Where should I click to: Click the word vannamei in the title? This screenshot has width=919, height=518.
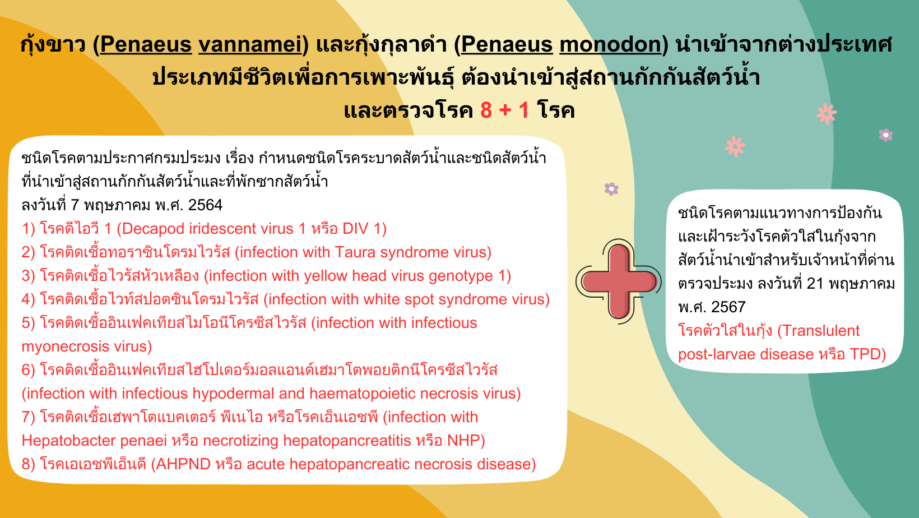click(250, 44)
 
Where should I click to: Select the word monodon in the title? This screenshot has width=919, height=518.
click(610, 44)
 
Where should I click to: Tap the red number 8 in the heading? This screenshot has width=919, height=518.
click(486, 110)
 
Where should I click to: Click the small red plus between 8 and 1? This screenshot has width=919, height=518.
click(505, 111)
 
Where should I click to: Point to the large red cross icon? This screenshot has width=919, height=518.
click(618, 281)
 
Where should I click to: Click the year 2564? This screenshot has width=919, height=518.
click(205, 205)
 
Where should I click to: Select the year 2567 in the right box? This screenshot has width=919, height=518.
click(728, 307)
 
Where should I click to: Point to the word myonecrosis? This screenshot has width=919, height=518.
click(65, 347)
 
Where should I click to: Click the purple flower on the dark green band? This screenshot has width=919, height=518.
click(886, 135)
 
